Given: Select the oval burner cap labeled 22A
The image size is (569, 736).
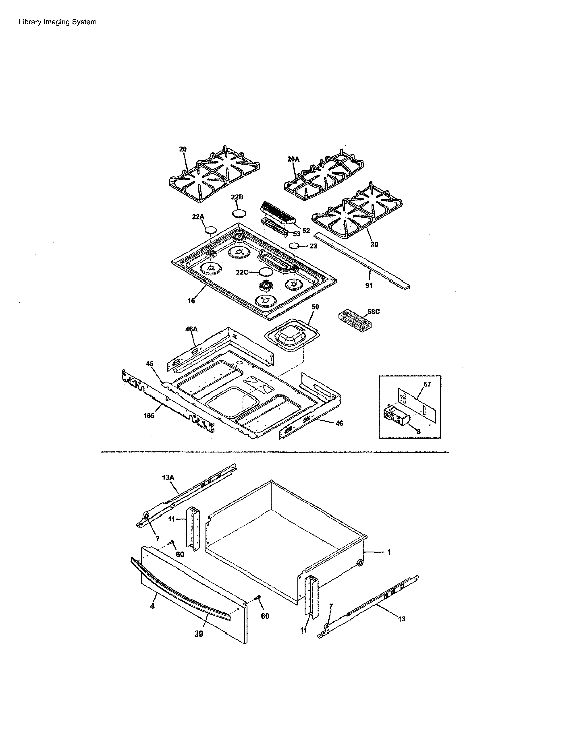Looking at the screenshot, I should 211,230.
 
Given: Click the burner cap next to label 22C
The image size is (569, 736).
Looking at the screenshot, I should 265,272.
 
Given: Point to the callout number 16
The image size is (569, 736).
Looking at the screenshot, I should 191,301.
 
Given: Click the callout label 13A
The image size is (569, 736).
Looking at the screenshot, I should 168,478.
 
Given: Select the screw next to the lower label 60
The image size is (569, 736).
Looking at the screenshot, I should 259,597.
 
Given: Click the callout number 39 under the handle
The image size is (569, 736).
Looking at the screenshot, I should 199,634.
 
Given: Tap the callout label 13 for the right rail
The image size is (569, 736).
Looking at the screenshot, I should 401,619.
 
